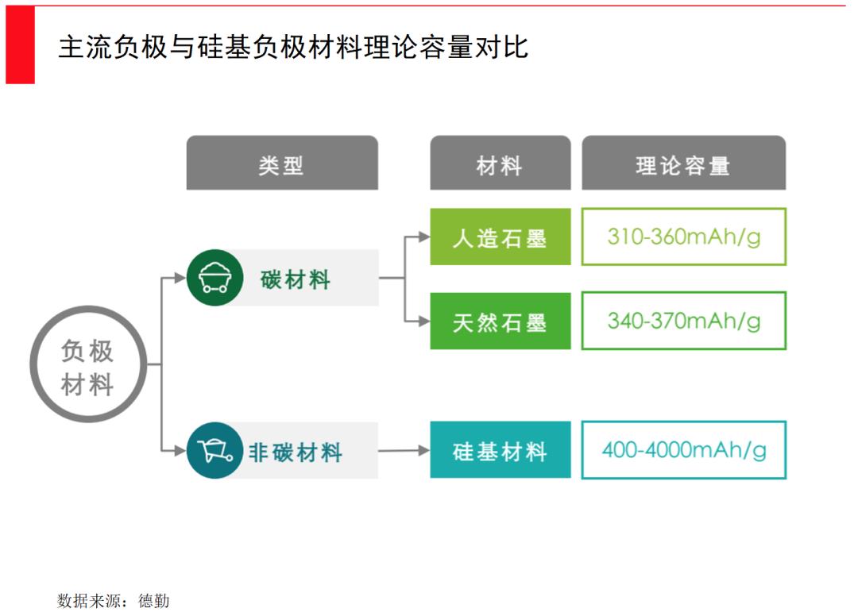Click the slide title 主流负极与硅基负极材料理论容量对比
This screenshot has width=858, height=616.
[x=293, y=47]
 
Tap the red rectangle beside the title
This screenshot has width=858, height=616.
[x=20, y=44]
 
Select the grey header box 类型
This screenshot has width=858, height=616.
[x=282, y=163]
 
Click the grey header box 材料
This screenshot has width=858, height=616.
[x=500, y=163]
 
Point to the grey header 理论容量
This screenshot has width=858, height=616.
[x=683, y=163]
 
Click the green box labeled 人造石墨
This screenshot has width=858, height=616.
[x=500, y=237]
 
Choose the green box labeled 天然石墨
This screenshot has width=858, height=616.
[x=500, y=321]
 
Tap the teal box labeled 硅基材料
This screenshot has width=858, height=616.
[x=500, y=450]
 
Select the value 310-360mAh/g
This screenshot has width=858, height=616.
[x=683, y=237]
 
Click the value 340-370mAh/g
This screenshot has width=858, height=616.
[x=683, y=321]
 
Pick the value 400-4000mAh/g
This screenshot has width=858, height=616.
[x=683, y=450]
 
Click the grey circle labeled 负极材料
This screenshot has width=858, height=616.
[x=89, y=364]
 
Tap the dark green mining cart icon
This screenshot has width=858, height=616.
[x=215, y=278]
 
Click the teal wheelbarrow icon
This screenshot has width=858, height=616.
[x=215, y=450]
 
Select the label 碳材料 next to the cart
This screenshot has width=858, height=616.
[x=296, y=279]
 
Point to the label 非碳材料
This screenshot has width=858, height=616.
[x=296, y=452]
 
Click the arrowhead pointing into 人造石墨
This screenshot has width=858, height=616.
[x=424, y=237]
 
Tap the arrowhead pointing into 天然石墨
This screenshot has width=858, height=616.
[x=424, y=321]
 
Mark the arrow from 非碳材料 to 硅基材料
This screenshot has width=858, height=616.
[x=404, y=450]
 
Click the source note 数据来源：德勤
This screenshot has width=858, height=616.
[x=114, y=601]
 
